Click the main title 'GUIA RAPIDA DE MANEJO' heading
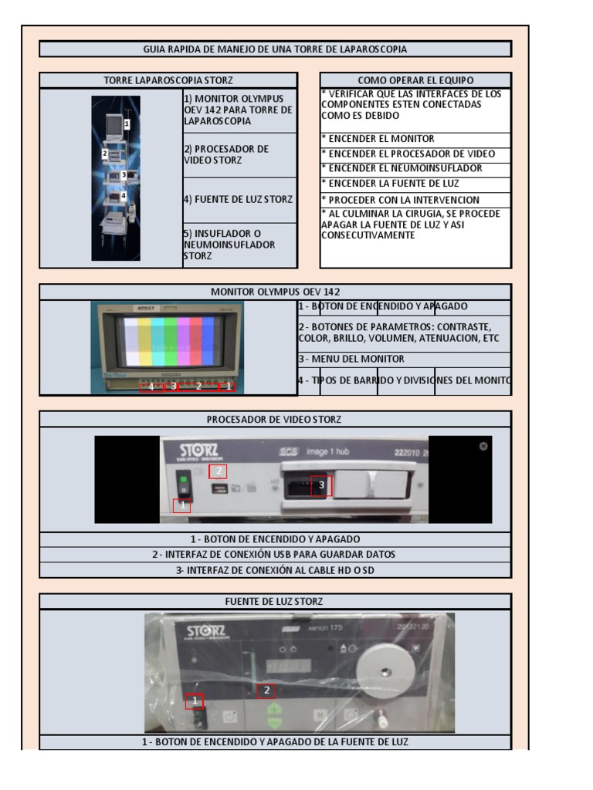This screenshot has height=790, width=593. (x=275, y=49)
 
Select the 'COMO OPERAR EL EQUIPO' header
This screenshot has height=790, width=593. (x=415, y=80)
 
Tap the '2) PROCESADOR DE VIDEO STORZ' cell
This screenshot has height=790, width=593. (x=239, y=154)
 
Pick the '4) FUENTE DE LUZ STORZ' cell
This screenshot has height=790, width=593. (x=239, y=199)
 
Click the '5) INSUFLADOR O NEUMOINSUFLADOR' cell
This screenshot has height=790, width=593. (x=239, y=245)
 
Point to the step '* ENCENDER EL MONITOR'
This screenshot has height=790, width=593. (x=415, y=139)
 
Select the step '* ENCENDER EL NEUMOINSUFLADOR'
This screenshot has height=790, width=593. (x=415, y=168)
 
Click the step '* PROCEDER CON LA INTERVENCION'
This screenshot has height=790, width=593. (x=415, y=198)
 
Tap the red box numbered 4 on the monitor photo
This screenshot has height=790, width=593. (x=151, y=387)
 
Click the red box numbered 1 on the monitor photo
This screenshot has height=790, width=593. (x=228, y=386)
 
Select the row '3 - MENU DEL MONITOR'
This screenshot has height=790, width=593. (x=404, y=359)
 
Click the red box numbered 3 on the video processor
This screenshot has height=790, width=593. (x=321, y=485)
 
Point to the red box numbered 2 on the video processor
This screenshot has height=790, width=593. (x=218, y=471)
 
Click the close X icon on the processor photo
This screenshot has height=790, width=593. (x=483, y=446)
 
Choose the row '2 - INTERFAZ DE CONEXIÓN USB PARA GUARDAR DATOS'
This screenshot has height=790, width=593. (x=275, y=555)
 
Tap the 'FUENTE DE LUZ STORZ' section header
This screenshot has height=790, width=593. (x=275, y=601)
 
